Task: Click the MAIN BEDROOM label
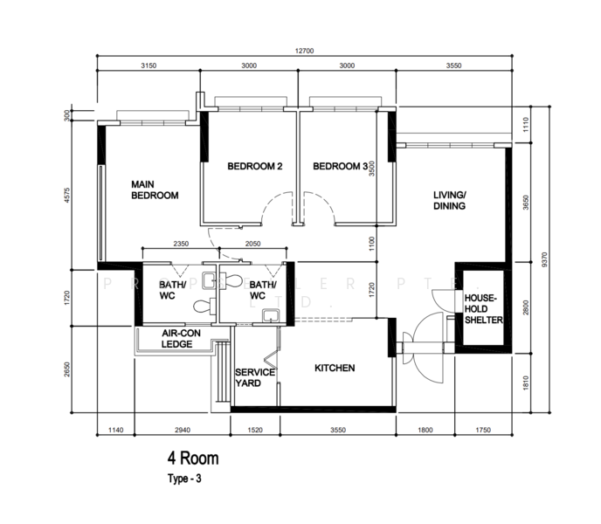point(155,190)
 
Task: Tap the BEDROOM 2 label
point(254,167)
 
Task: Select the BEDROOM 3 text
point(340,167)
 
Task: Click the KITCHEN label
point(335,369)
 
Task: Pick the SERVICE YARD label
point(255,378)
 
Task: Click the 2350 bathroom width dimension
point(182,245)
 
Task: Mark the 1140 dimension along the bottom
point(114,430)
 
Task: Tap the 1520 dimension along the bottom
point(255,430)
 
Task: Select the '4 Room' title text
point(193,458)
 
